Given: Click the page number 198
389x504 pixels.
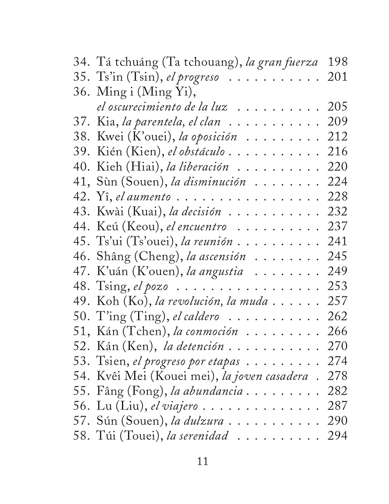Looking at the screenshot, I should pyautogui.click(x=337, y=62).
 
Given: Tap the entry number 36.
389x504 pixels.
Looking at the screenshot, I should pyautogui.click(x=80, y=92).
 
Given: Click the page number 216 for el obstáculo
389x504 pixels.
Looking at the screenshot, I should pyautogui.click(x=337, y=152).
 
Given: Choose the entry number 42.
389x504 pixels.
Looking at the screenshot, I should pyautogui.click(x=80, y=197).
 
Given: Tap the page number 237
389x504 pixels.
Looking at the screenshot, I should pyautogui.click(x=337, y=227).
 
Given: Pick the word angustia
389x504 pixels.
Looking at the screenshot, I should pyautogui.click(x=221, y=272).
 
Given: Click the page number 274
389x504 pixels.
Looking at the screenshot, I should pyautogui.click(x=337, y=361).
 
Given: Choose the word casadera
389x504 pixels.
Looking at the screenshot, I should pyautogui.click(x=289, y=376).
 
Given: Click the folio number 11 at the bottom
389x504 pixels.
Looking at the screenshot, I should pyautogui.click(x=202, y=462).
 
